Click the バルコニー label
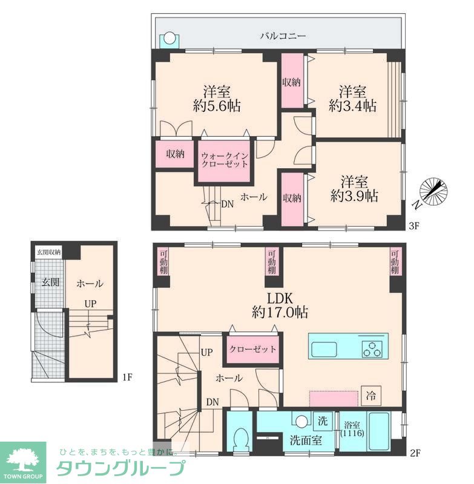283,36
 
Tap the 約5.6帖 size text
217,106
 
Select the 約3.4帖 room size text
352,106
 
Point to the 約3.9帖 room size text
354,195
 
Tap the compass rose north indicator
433,192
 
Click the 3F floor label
413,226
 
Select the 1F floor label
127,377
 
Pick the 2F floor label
415,453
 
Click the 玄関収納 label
49,252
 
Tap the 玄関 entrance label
50,282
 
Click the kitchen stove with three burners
372,349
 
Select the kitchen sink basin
324,349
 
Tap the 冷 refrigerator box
371,396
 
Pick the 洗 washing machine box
323,420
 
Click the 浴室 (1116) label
352,429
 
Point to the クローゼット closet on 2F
252,349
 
